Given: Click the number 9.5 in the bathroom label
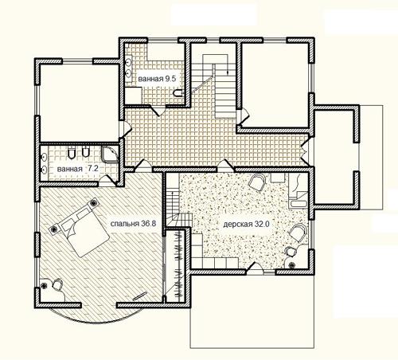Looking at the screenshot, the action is click(x=170, y=79).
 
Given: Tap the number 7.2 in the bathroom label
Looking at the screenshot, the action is click(x=93, y=168).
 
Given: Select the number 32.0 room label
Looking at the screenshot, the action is click(x=262, y=225).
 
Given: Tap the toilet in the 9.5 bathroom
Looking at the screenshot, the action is click(x=178, y=93).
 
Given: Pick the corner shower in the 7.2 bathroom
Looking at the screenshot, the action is click(x=109, y=154).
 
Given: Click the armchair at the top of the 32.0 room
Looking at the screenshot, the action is click(x=257, y=182).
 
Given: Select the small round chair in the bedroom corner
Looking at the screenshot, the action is click(x=57, y=284).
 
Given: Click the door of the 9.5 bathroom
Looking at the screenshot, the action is click(x=158, y=111).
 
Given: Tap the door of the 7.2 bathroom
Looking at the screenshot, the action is click(x=108, y=181).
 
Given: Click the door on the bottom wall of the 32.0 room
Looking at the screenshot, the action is click(x=255, y=268).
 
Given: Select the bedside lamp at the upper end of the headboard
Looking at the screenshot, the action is click(x=93, y=203).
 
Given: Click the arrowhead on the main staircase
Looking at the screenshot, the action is click(x=228, y=72).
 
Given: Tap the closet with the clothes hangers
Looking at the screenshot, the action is click(x=178, y=265).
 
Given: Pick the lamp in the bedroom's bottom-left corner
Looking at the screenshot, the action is click(x=44, y=285).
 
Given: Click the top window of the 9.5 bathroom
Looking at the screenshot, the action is click(x=162, y=41).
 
